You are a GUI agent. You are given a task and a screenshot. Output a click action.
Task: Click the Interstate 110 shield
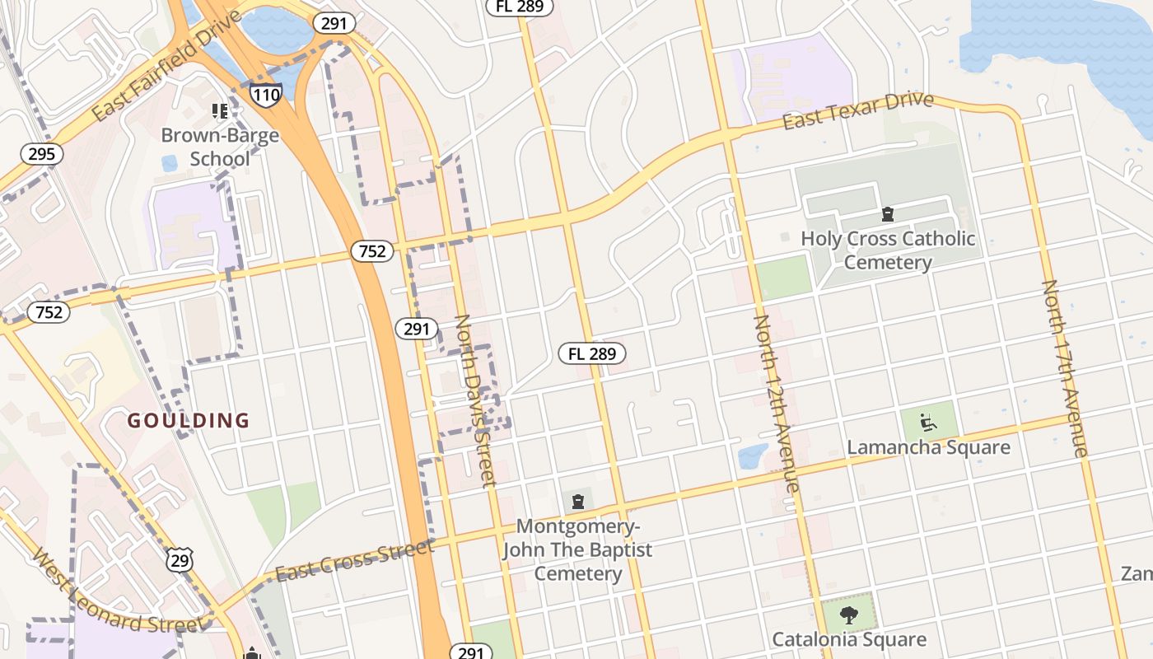coord(266,95)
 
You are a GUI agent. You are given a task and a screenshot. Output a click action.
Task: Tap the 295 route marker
coord(41,154)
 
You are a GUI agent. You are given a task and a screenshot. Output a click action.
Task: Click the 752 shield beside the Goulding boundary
coord(49,312)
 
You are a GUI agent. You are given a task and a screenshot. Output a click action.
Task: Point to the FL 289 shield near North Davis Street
coord(592,354)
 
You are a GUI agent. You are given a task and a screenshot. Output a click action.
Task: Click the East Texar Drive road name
coord(857,111)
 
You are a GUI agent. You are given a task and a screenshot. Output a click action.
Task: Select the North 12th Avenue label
coord(776,403)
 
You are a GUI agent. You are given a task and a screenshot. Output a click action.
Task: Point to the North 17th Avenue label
coord(1065,367)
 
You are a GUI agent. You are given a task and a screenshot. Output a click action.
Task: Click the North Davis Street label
coord(475,400)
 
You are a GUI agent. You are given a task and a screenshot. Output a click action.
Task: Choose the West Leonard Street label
coord(117,591)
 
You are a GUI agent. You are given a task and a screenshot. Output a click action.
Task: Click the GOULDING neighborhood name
coord(188,421)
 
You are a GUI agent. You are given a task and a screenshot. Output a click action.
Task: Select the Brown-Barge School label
coord(220,147)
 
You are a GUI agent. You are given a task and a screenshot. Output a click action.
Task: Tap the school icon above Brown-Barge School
coord(220,110)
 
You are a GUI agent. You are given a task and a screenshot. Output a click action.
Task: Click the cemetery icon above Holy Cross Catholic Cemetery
coord(888,215)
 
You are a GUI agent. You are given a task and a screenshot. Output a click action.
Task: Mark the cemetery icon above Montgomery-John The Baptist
coord(578,501)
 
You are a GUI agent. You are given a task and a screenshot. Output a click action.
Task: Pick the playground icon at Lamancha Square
coord(929,422)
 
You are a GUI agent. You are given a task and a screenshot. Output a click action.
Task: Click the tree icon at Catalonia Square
coord(848,614)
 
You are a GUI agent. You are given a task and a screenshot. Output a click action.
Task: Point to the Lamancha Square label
coord(928,448)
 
